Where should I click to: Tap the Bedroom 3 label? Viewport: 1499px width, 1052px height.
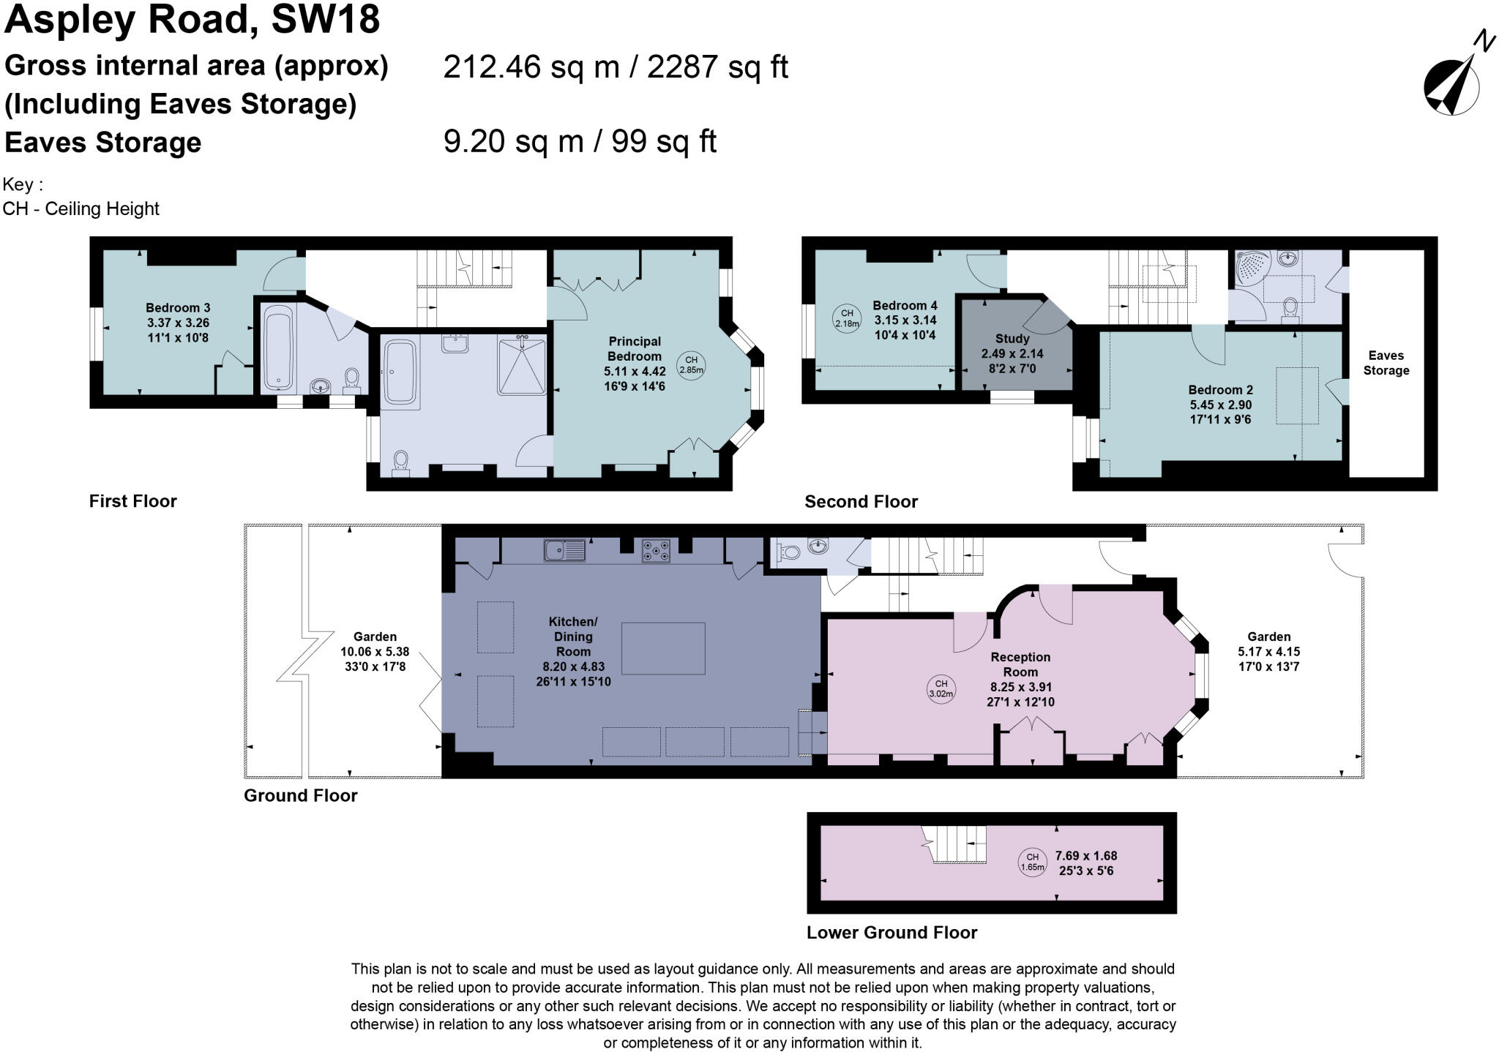[177, 308]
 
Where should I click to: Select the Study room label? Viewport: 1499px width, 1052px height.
[1012, 339]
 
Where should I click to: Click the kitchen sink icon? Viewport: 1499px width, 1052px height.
[564, 550]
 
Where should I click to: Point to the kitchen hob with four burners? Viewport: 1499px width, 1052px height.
[656, 551]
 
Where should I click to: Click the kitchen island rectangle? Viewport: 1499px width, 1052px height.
[663, 648]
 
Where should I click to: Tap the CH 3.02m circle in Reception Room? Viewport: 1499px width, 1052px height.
[941, 689]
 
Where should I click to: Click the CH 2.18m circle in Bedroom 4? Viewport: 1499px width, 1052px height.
[847, 318]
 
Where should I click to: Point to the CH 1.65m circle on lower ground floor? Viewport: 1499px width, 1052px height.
[1032, 862]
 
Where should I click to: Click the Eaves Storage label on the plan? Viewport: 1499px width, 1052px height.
[1386, 363]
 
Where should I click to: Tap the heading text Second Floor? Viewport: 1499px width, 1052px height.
[861, 502]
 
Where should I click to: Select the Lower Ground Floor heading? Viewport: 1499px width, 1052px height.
[891, 933]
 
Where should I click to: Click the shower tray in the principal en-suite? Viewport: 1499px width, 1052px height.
[523, 365]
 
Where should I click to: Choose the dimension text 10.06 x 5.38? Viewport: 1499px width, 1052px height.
[375, 652]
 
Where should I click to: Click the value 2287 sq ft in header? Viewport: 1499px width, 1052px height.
[717, 67]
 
